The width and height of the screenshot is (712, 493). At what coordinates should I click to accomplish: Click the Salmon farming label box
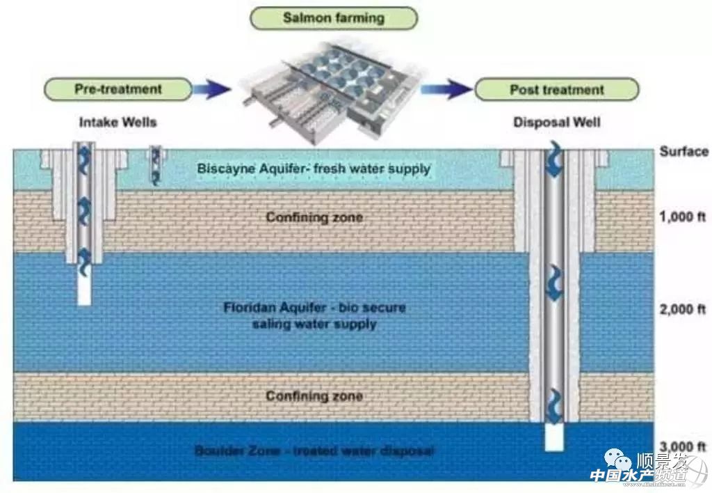[x=333, y=18]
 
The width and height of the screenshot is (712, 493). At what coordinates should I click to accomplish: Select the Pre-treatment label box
[x=118, y=89]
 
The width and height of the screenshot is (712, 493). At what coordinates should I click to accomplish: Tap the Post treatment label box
[x=556, y=89]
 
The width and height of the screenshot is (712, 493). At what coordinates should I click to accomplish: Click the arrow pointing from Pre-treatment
[x=212, y=88]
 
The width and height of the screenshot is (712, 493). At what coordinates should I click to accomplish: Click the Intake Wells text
[x=118, y=123]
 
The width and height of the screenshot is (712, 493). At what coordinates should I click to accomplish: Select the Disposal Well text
[x=557, y=123]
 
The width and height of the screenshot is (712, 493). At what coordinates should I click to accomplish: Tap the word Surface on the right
[x=683, y=151]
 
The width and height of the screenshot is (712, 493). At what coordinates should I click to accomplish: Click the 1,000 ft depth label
[x=682, y=217]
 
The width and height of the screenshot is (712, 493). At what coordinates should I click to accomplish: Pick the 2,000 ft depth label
[x=682, y=309]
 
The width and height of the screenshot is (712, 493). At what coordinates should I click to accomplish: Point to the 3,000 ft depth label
[x=682, y=446]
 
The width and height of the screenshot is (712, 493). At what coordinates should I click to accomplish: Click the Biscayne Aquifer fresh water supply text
[x=314, y=169]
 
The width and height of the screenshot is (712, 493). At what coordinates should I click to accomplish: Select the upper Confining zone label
[x=314, y=217]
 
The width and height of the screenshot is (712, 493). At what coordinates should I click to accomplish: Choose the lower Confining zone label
[x=314, y=396]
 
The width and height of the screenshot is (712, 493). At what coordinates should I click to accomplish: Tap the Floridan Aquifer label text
[x=315, y=315]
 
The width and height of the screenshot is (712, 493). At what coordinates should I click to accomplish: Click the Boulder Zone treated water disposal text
[x=314, y=451]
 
